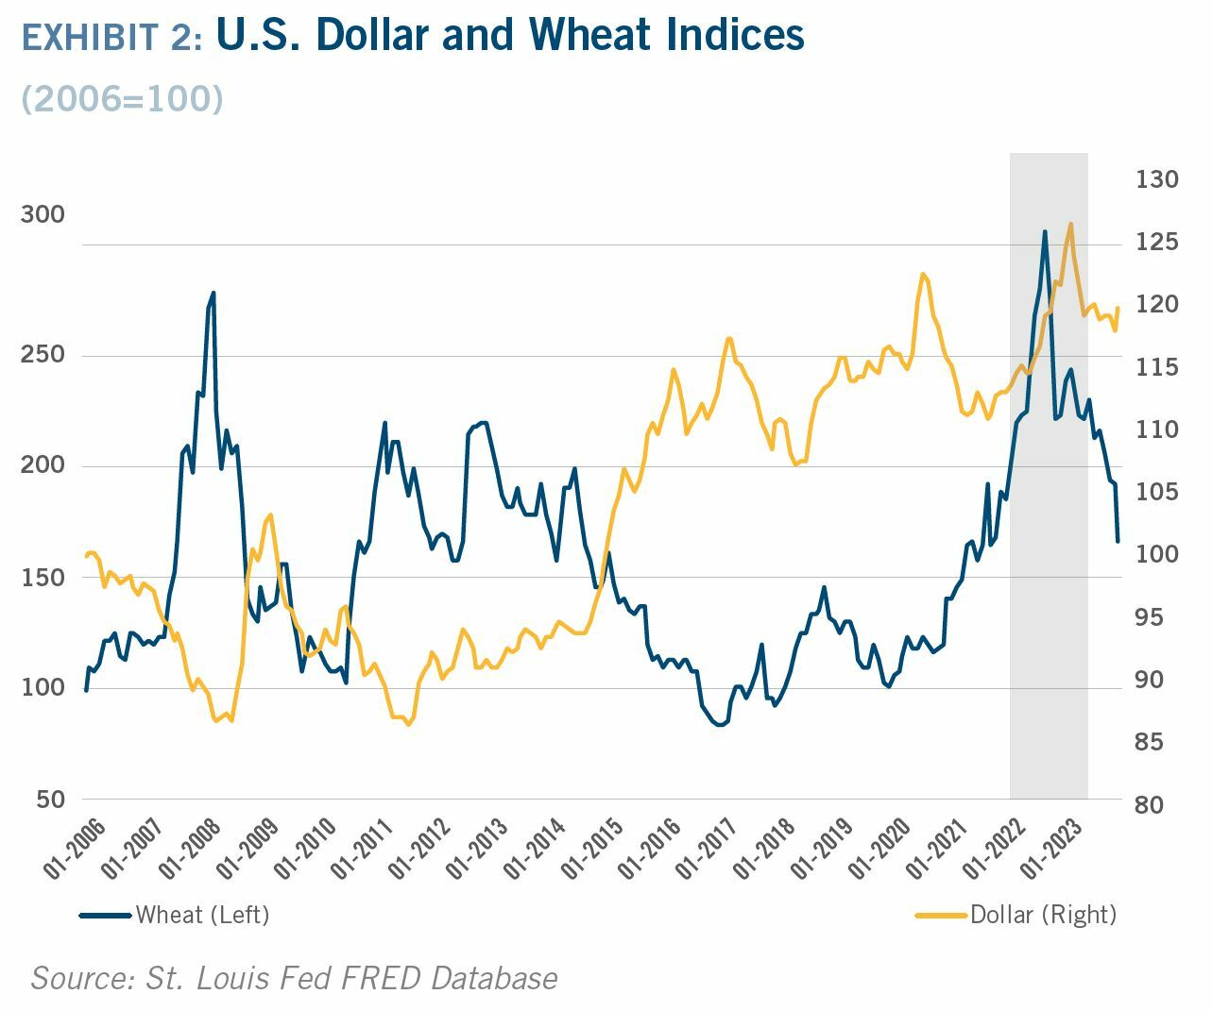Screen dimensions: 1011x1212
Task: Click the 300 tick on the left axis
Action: (x=43, y=215)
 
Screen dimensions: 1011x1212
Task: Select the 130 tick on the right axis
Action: (x=1156, y=179)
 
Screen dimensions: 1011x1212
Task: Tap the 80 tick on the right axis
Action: (x=1150, y=805)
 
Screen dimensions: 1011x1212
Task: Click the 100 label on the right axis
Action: (x=1156, y=554)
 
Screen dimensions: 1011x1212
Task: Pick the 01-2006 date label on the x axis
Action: (x=75, y=849)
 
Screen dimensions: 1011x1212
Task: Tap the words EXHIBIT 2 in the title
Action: (x=111, y=38)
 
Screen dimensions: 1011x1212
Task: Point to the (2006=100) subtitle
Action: (x=122, y=98)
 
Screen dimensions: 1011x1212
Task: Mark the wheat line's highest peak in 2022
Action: (x=1045, y=231)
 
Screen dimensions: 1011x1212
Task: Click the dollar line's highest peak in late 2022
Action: (x=1070, y=224)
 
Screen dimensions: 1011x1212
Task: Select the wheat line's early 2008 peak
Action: (x=213, y=293)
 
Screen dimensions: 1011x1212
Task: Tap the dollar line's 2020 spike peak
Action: (x=922, y=274)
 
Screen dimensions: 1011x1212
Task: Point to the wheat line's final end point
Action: (x=1118, y=542)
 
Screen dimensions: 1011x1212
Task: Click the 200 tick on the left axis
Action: (x=43, y=466)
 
